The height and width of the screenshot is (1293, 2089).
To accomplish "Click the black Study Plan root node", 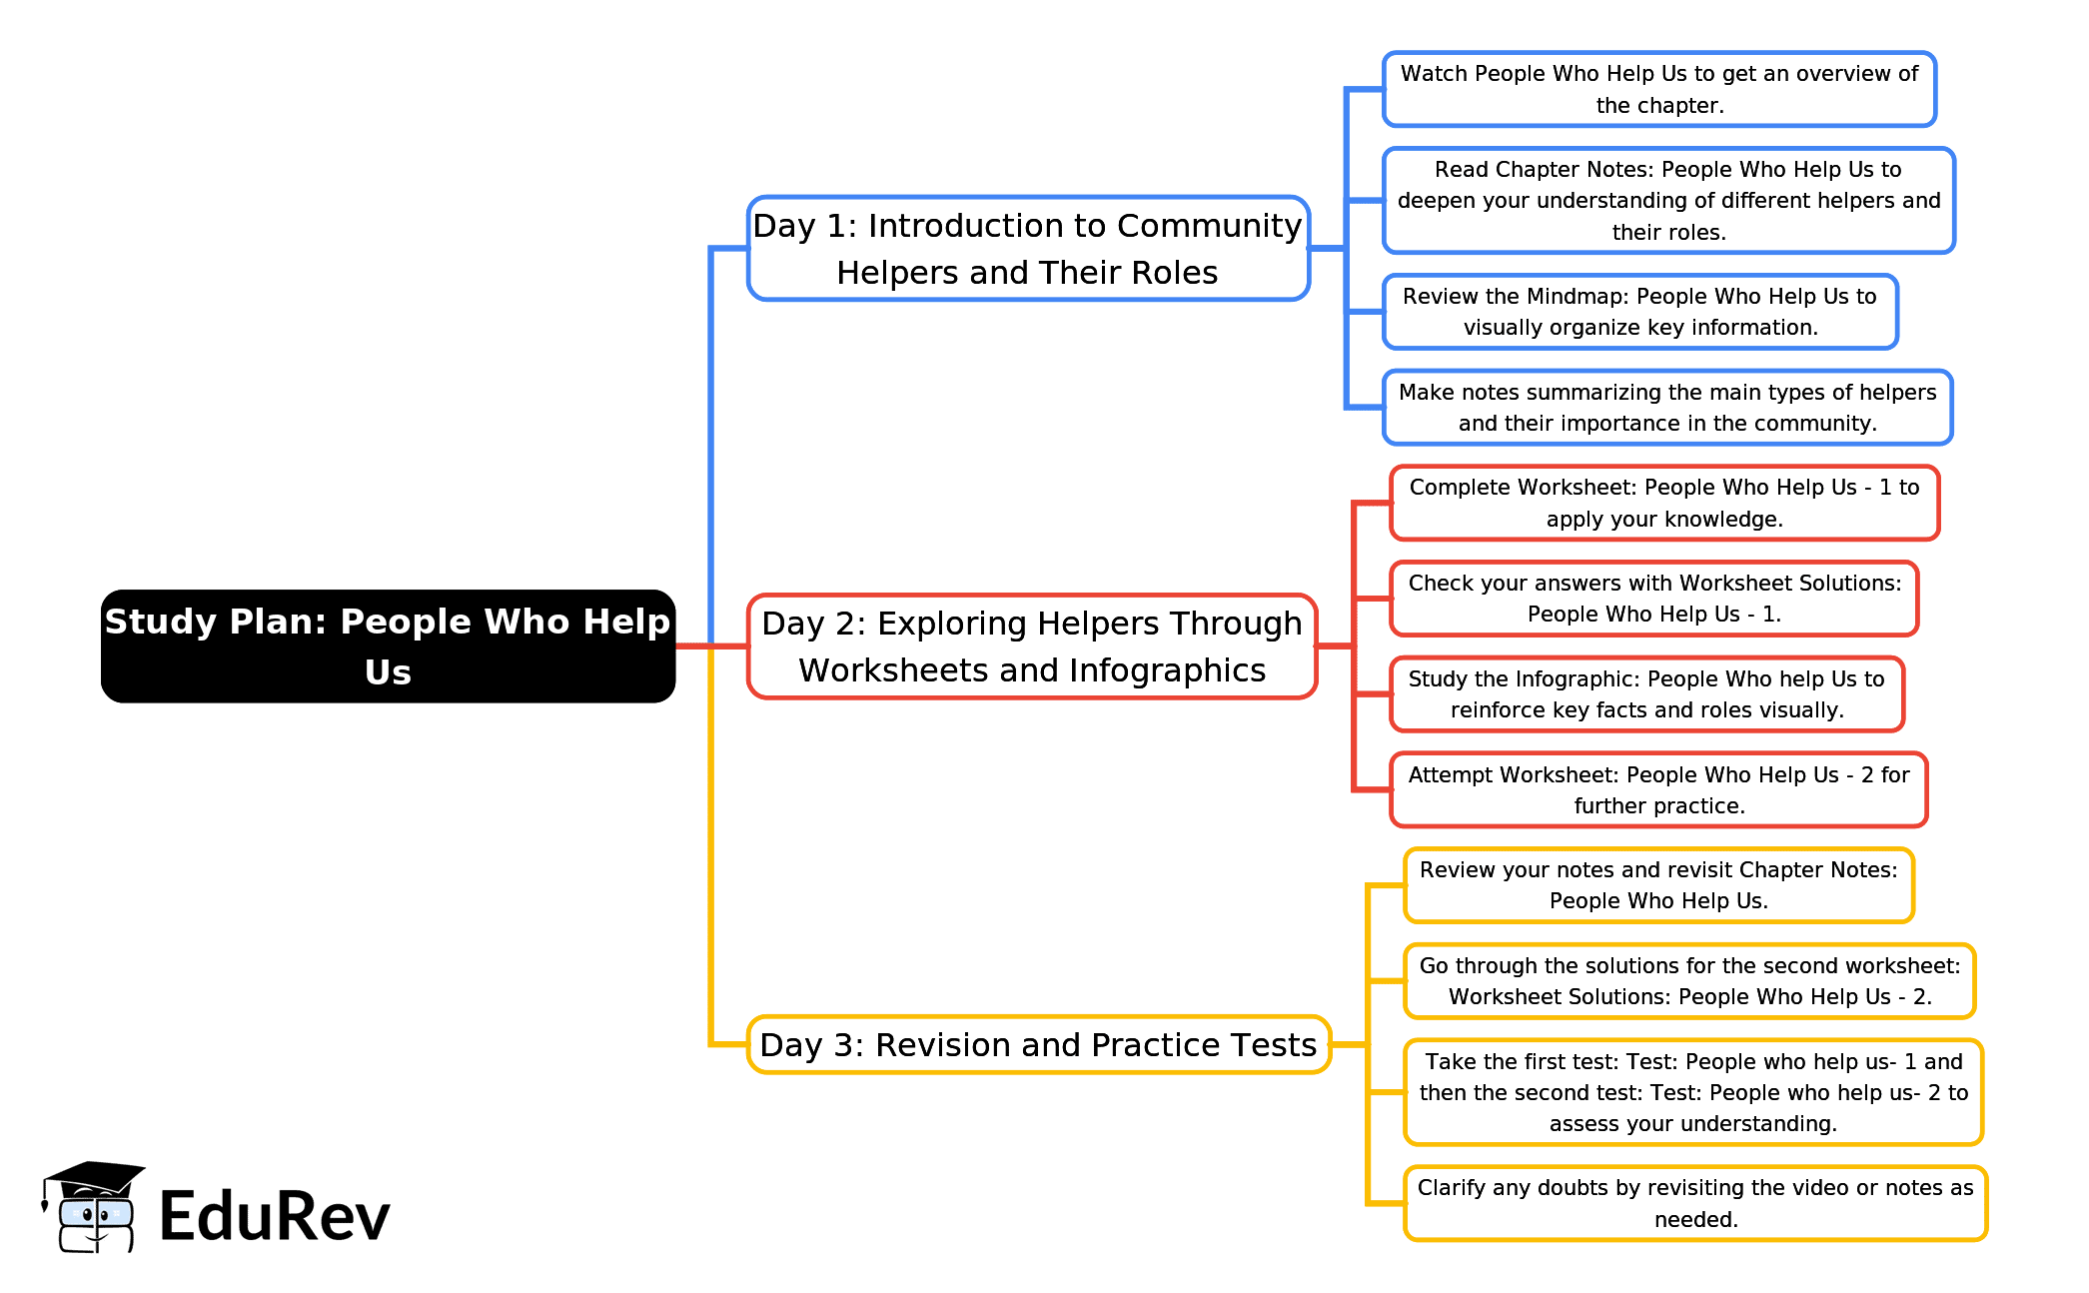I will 388,646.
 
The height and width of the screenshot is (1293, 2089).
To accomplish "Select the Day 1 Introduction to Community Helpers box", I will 1028,249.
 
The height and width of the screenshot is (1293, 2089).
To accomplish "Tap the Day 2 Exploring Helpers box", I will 1032,646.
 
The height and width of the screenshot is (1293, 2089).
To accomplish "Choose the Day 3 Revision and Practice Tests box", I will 1038,1045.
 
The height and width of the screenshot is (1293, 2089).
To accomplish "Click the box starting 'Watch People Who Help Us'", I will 1658,89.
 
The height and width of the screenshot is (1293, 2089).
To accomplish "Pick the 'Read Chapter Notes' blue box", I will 1667,201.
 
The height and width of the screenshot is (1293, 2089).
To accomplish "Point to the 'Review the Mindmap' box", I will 1639,312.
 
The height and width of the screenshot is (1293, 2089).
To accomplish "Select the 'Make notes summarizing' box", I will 1666,408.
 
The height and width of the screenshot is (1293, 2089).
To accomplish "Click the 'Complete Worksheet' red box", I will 1663,503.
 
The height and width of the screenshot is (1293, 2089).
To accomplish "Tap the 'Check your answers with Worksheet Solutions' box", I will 1653,599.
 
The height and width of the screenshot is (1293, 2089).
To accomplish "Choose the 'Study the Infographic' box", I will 1646,694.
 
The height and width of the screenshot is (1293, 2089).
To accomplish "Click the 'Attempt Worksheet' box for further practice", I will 1657,790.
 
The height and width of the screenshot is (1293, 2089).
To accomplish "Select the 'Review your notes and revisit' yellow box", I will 1657,885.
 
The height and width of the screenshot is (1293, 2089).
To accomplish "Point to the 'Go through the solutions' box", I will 1688,981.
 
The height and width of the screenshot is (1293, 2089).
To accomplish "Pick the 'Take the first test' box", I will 1692,1092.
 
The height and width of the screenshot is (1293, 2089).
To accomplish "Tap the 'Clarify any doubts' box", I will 1694,1203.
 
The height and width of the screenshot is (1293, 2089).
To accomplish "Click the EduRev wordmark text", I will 274,1217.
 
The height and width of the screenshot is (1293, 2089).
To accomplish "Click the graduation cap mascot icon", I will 92,1207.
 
